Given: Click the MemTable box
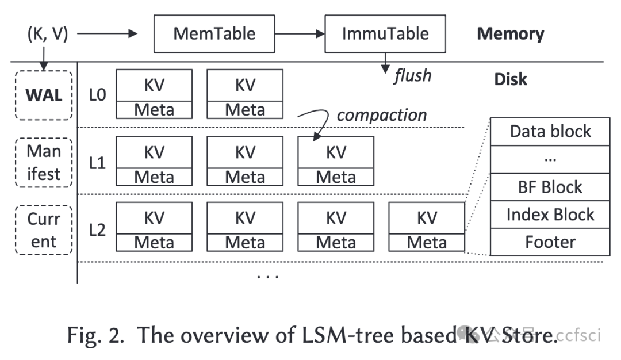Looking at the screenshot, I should (214, 33).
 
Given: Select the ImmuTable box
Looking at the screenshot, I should (385, 33).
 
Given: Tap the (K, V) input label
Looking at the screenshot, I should (48, 33).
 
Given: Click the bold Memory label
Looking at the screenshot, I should (510, 33).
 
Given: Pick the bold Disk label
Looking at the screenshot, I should (511, 79).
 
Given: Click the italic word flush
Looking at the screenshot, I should (412, 75).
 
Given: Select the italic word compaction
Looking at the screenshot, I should (382, 115).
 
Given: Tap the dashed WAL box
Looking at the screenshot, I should (44, 95).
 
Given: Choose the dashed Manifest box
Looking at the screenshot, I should (44, 162).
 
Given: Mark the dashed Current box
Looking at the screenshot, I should (44, 230).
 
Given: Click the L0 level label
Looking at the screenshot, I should (98, 95).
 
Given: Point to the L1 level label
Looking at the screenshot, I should (98, 163).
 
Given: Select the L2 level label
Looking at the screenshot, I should (98, 230).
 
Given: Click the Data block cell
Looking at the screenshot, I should (550, 132).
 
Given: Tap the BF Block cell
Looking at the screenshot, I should (550, 187).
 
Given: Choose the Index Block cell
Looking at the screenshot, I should (550, 215).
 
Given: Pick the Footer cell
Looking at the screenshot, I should (550, 242).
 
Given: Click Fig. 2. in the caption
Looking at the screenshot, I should (96, 334).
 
